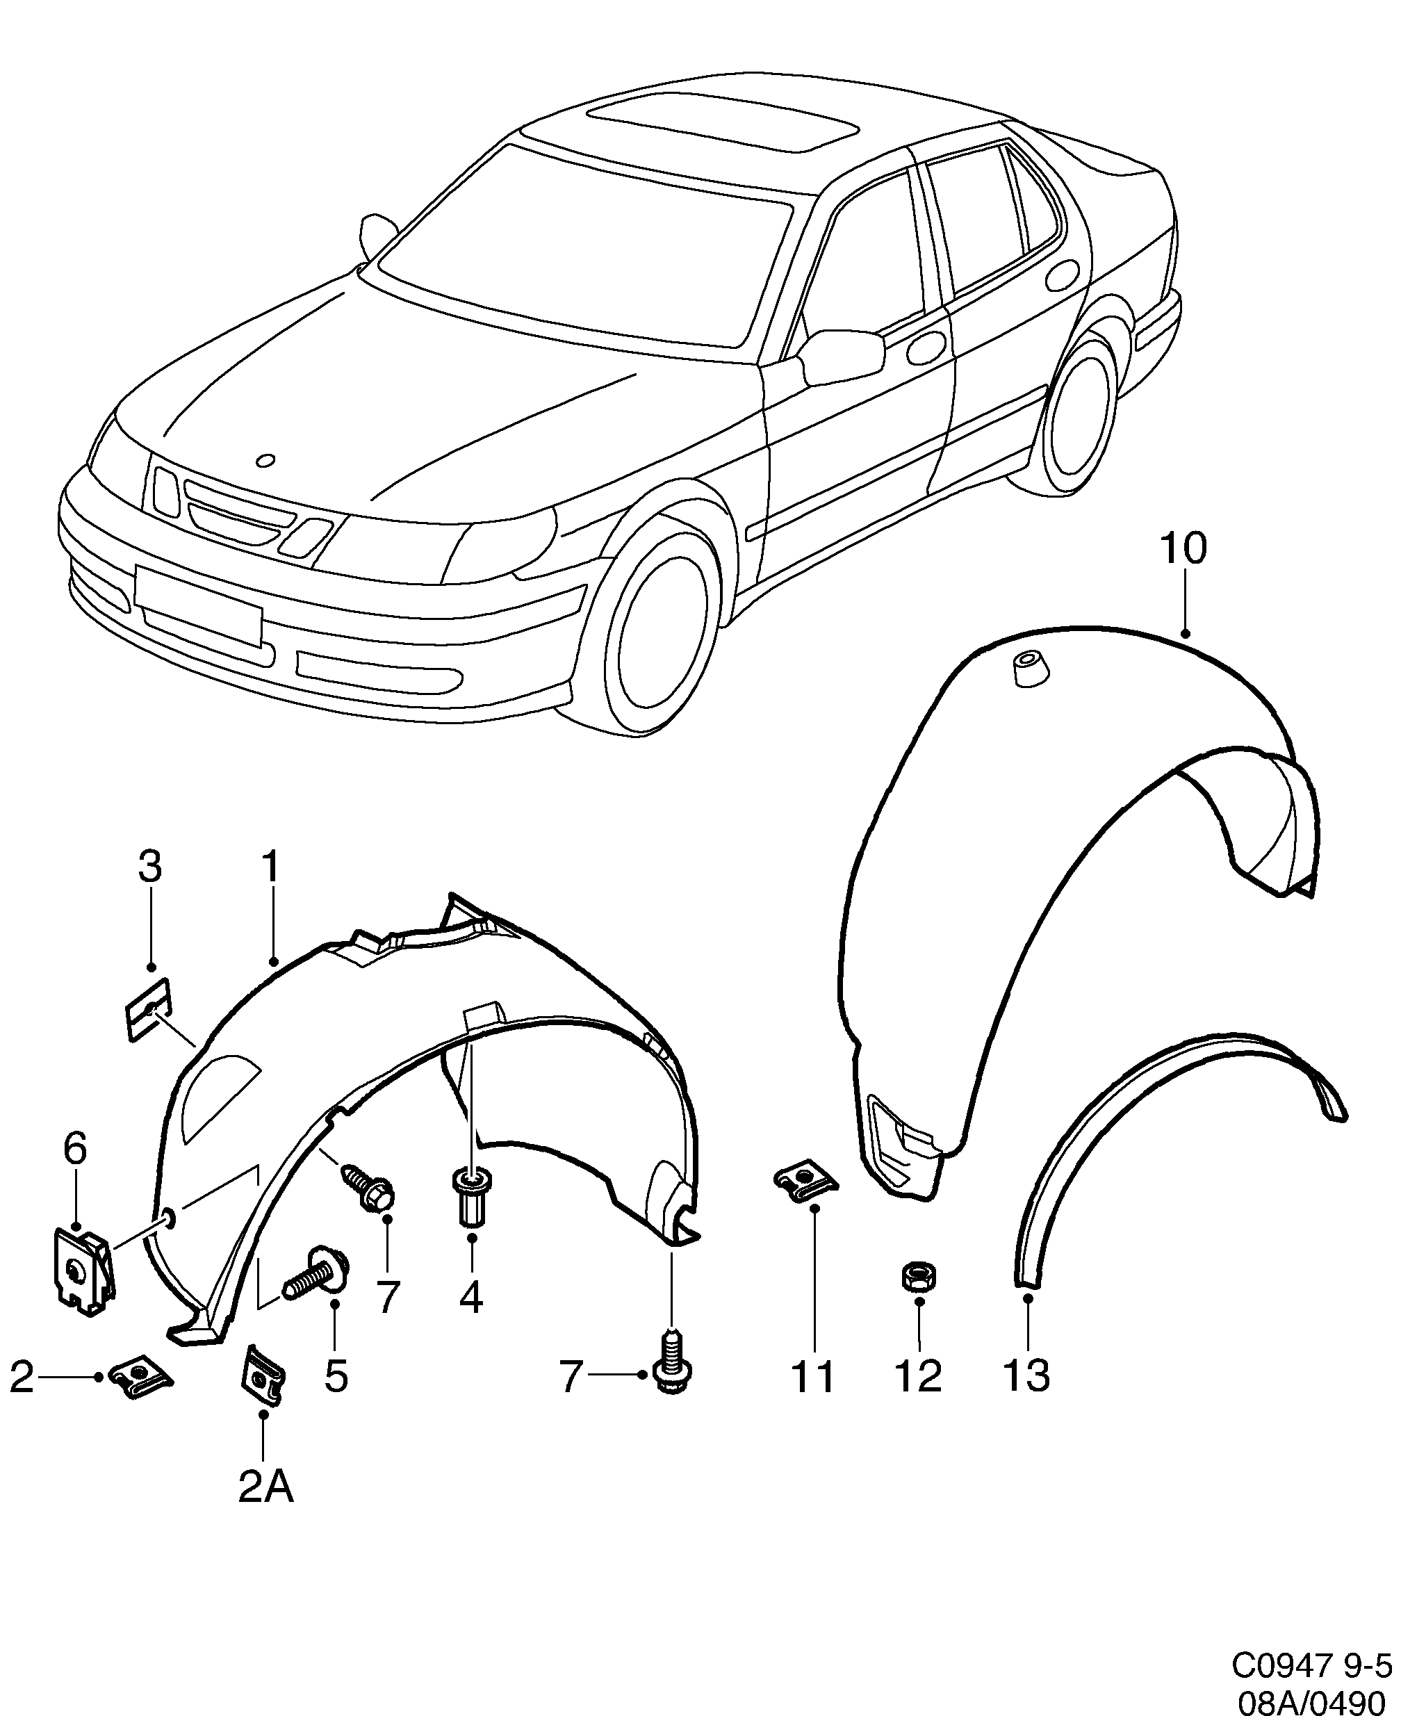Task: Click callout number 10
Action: [x=1183, y=549]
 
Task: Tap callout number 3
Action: [x=150, y=867]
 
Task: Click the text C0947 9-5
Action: [x=1311, y=1666]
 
